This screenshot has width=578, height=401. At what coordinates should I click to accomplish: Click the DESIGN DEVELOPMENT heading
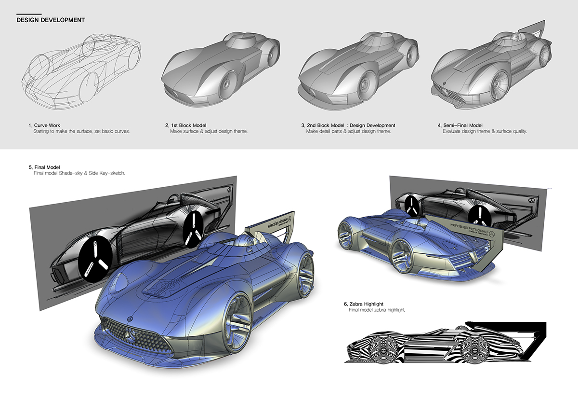pyautogui.click(x=51, y=20)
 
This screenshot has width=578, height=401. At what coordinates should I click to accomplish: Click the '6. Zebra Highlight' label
pyautogui.click(x=363, y=304)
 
